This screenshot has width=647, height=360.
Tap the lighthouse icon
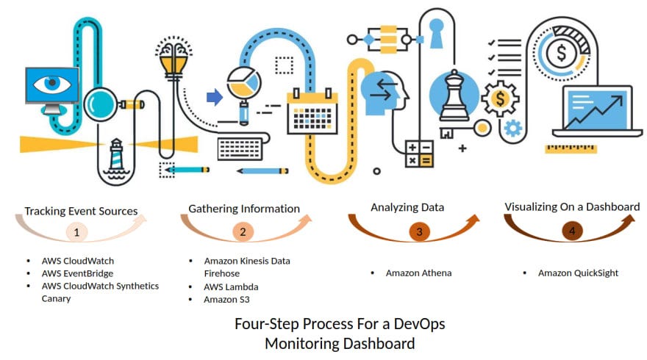115,158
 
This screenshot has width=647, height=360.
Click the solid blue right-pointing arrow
214,97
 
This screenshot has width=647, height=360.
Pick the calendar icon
312,111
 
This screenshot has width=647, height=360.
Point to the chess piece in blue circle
453,96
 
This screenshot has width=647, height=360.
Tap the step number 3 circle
419,232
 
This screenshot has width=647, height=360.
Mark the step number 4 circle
572,231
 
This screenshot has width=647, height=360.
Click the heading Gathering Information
244,209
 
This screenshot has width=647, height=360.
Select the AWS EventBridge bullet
76,273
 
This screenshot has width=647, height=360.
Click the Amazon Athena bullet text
418,273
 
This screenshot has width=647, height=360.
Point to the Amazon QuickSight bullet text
578,273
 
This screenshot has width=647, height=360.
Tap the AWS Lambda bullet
231,287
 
